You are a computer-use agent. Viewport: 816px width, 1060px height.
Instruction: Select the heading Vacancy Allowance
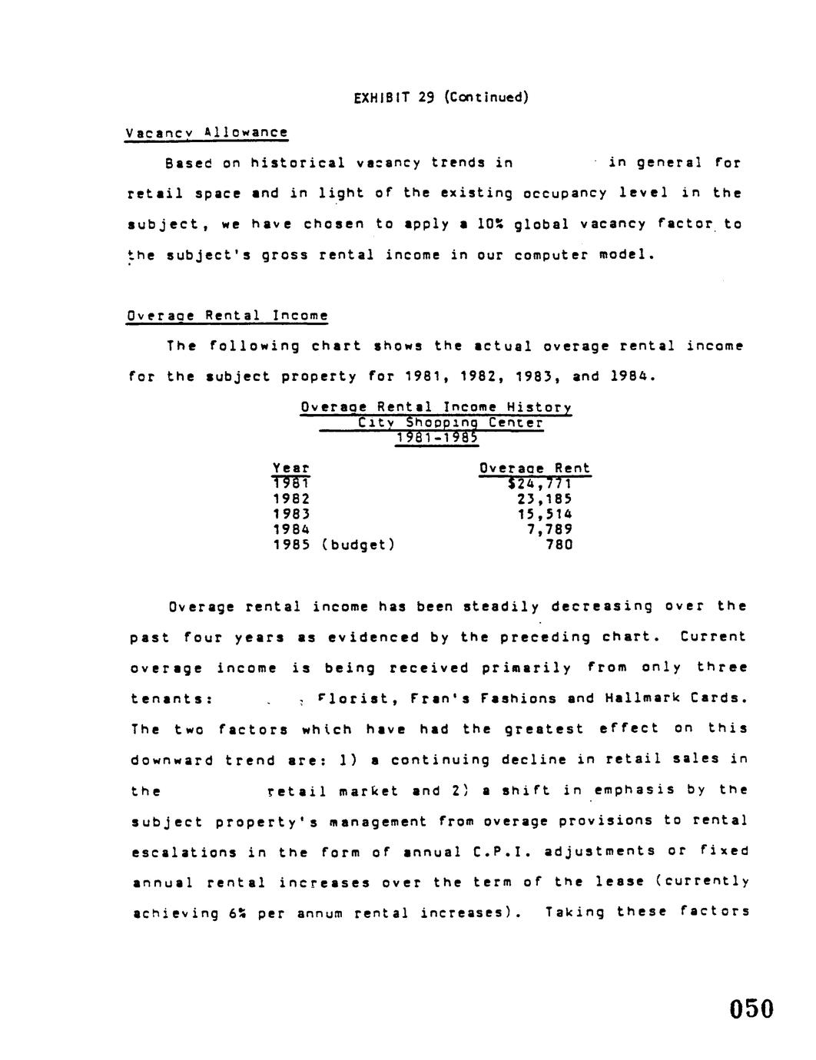coord(207,132)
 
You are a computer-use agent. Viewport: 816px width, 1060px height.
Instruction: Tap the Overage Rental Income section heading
coord(227,315)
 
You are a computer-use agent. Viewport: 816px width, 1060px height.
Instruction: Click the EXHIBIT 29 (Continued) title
coord(441,97)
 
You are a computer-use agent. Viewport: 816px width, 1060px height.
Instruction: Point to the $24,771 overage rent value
coord(540,484)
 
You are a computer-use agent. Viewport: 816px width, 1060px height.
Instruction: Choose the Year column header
coord(291,468)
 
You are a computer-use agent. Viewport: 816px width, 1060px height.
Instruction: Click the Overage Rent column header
coord(535,468)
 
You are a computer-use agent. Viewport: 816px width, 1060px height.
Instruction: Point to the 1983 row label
coord(291,514)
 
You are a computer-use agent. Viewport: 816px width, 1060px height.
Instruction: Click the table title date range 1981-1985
coord(436,438)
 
